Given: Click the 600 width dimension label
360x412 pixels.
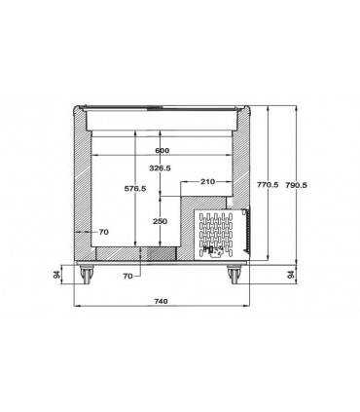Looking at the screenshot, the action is [x=162, y=151].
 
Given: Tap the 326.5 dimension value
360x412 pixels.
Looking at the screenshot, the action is [x=160, y=169].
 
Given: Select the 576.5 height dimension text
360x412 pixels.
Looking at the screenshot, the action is [x=135, y=188].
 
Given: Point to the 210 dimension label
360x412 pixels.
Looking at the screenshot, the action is [x=207, y=181].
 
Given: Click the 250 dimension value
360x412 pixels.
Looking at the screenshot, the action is [x=160, y=221].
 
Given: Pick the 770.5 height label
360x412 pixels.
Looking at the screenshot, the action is [x=268, y=185].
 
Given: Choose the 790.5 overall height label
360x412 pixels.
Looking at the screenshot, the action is [x=296, y=185].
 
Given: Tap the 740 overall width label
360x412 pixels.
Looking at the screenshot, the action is [x=162, y=301].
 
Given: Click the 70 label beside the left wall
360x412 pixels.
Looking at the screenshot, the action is [x=104, y=232].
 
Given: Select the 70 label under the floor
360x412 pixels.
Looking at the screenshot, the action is [x=127, y=276].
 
